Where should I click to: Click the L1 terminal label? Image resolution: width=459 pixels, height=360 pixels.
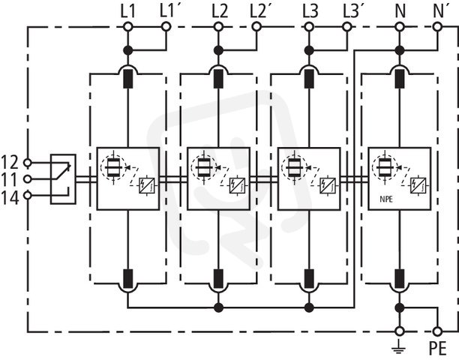pyautogui.click(x=128, y=12)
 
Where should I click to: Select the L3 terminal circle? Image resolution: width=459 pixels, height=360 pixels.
pyautogui.click(x=308, y=27)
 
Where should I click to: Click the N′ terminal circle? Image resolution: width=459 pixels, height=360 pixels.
pyautogui.click(x=437, y=27)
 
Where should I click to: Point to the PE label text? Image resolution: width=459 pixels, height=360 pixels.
pyautogui.click(x=437, y=348)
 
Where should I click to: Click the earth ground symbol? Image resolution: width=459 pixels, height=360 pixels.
pyautogui.click(x=399, y=348)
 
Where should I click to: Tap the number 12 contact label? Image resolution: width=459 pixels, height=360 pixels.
pyautogui.click(x=10, y=163)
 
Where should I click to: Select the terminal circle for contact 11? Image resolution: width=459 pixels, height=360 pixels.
pyautogui.click(x=27, y=178)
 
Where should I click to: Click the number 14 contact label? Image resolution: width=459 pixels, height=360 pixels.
pyautogui.click(x=10, y=198)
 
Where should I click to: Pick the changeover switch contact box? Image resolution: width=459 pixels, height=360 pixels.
pyautogui.click(x=63, y=178)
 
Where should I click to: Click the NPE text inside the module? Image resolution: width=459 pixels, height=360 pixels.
pyautogui.click(x=386, y=199)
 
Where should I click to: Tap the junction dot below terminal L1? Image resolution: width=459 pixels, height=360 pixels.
pyautogui.click(x=128, y=50)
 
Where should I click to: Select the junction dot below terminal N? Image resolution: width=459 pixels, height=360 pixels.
pyautogui.click(x=399, y=50)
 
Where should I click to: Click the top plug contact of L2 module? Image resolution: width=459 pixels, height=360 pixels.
pyautogui.click(x=218, y=79)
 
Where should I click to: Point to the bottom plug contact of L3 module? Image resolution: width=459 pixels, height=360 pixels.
pyautogui.click(x=309, y=279)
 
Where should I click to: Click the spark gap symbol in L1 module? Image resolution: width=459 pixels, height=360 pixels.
pyautogui.click(x=113, y=167)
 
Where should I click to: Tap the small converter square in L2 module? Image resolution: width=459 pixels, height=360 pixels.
pyautogui.click(x=237, y=186)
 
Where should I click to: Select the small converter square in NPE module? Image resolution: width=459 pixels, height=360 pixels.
pyautogui.click(x=418, y=186)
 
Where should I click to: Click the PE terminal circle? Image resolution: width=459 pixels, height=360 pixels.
pyautogui.click(x=437, y=331)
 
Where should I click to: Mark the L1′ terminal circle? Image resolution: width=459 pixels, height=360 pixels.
pyautogui.click(x=166, y=27)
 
